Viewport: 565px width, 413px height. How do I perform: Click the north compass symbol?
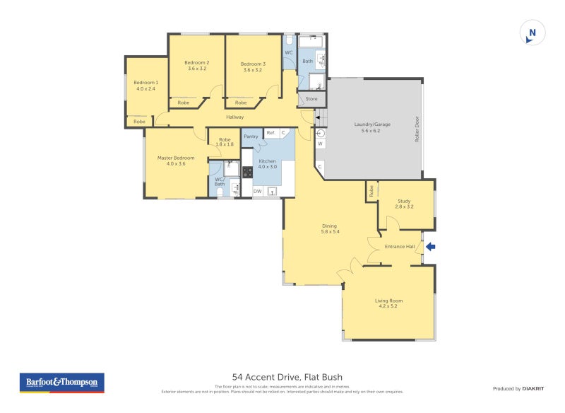(x=533, y=33)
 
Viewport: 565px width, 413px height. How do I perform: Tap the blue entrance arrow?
(x=431, y=246)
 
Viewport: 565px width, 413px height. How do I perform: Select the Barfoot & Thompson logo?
(x=62, y=383)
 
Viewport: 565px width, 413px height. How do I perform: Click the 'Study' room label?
(x=405, y=204)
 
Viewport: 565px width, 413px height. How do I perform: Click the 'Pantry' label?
(x=251, y=136)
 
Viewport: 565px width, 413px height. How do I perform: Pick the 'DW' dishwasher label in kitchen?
(x=257, y=191)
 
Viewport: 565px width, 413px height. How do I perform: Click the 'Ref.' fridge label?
(x=270, y=132)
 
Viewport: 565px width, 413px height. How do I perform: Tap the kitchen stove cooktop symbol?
(x=248, y=172)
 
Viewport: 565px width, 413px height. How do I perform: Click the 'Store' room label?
(x=311, y=98)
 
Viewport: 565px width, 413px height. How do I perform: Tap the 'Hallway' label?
(x=235, y=117)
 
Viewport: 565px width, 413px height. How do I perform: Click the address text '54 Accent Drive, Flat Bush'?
(x=287, y=377)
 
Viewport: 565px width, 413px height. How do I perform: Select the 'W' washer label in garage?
(x=320, y=144)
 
